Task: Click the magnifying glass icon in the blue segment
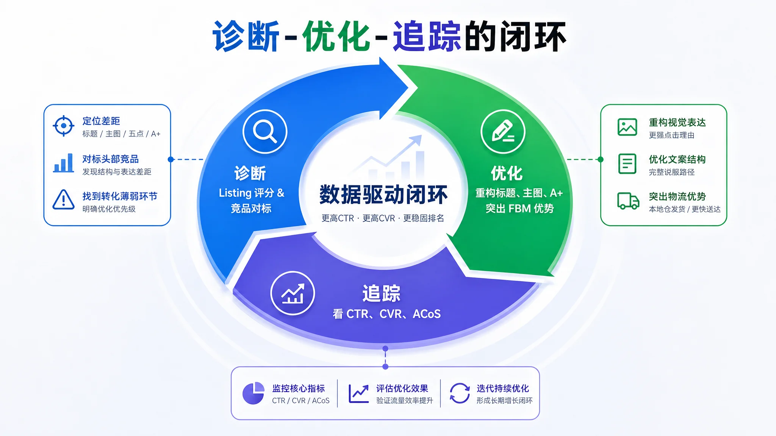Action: point(265,131)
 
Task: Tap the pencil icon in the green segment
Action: point(503,131)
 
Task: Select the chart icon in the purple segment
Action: point(293,293)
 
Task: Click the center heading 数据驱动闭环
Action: point(383,195)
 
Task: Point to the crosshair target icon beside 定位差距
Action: point(64,126)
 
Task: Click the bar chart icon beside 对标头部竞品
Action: point(63,163)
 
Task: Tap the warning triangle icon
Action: point(63,199)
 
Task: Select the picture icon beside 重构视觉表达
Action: point(627,127)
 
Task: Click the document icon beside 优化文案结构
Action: point(627,163)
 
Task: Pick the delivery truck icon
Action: point(628,201)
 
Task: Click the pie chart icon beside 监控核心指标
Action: point(253,393)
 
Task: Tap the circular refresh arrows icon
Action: point(460,393)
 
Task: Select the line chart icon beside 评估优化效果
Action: point(358,394)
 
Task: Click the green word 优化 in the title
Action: point(336,36)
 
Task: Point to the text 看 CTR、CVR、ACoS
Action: point(386,314)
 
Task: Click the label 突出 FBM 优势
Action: point(519,209)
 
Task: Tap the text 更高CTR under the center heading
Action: point(338,218)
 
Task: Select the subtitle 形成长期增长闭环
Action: point(504,400)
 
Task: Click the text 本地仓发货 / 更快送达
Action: point(685,209)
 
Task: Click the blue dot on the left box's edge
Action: point(171,159)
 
